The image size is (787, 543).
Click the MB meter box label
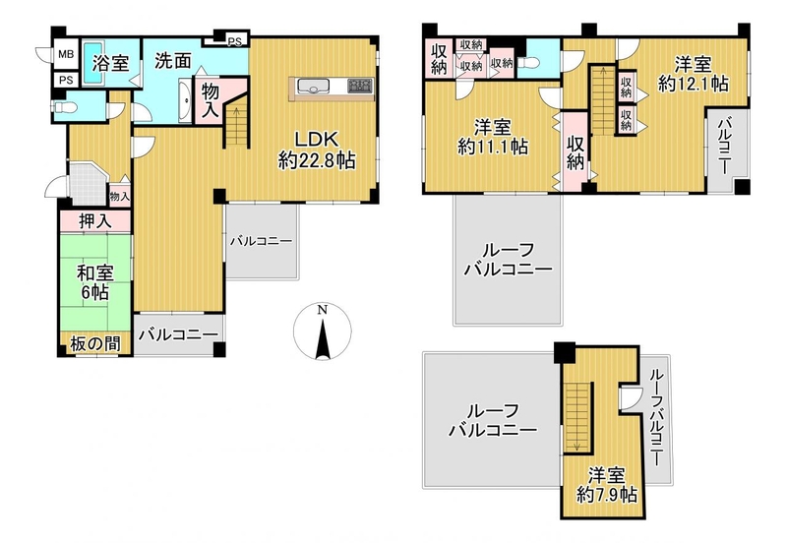[65, 54]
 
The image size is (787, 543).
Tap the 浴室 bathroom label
[111, 63]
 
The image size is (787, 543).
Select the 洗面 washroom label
[173, 61]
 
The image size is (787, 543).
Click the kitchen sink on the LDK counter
[313, 87]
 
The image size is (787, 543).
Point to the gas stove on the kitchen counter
[360, 86]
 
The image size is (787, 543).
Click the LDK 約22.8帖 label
[317, 150]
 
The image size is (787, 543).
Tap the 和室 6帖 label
[94, 282]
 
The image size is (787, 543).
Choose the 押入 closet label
[95, 220]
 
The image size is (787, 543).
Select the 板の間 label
[95, 344]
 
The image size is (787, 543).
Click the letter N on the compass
[323, 310]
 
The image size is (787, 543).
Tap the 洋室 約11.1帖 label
[493, 137]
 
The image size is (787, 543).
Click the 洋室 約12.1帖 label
[694, 74]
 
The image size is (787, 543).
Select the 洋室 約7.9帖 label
[607, 485]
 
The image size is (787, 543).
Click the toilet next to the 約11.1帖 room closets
[530, 63]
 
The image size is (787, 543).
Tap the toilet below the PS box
[63, 107]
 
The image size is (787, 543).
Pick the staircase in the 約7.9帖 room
[578, 417]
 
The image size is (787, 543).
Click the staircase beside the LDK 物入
[236, 125]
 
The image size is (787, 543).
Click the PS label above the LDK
[234, 42]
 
